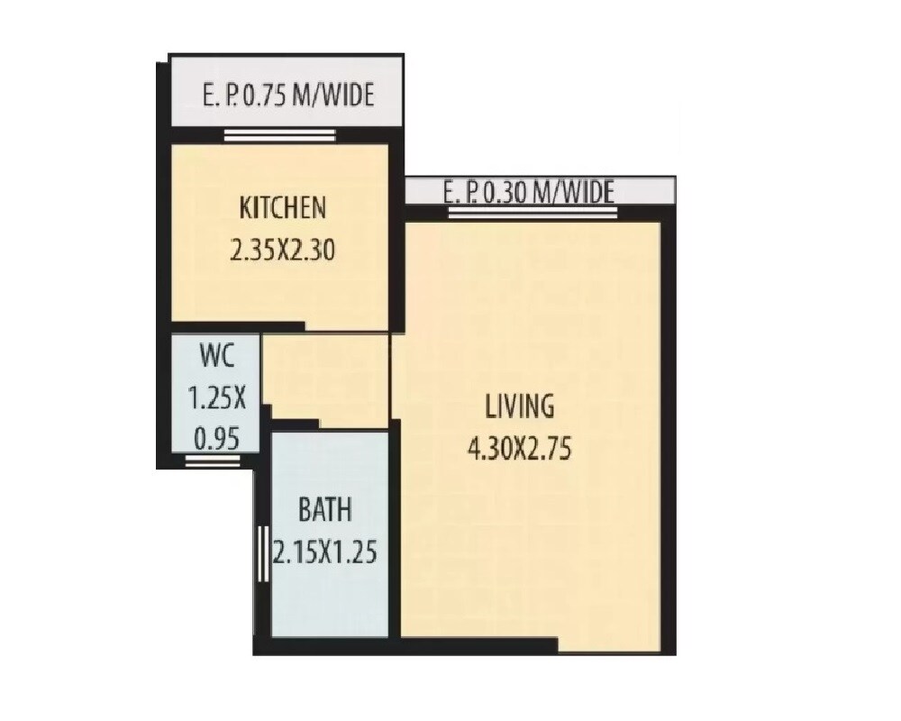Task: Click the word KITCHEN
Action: point(282,209)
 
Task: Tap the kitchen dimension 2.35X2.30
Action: point(282,249)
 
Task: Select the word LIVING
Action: point(520,406)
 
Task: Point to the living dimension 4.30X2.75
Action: point(520,447)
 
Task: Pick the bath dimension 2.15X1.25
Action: point(324,550)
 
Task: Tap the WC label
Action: point(217,355)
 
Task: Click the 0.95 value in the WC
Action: point(217,440)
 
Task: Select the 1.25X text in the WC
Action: point(217,397)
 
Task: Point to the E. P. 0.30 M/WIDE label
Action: point(529,192)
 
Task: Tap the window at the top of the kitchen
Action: point(280,136)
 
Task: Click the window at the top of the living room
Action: point(533,214)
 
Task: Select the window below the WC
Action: point(213,461)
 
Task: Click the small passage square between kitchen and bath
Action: point(325,379)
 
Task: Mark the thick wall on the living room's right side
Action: point(668,433)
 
